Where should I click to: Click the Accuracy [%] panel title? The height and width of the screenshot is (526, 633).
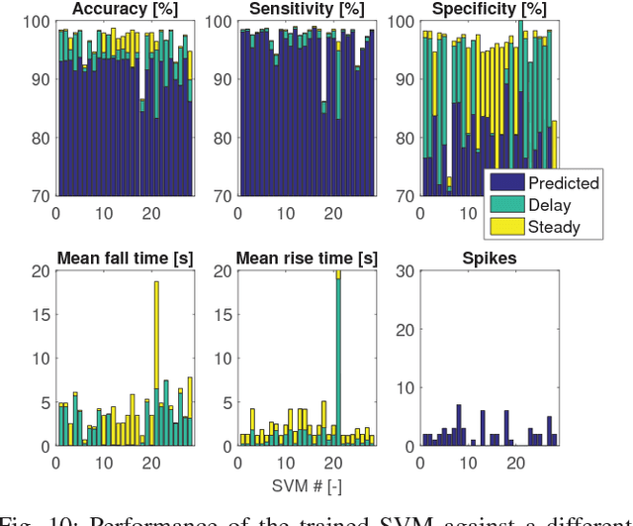(x=125, y=9)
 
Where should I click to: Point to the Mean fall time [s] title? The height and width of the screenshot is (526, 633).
(x=125, y=260)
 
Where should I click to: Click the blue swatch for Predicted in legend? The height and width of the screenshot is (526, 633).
(x=505, y=183)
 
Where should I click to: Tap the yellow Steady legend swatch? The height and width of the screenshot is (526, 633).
(x=505, y=227)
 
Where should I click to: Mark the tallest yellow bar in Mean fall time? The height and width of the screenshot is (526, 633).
(x=155, y=337)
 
